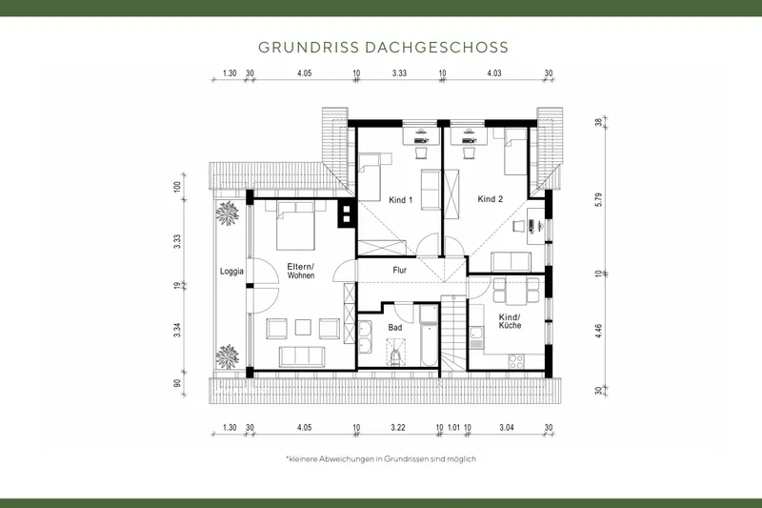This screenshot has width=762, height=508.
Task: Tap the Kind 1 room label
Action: click(x=401, y=200)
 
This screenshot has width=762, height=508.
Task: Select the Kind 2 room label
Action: click(x=490, y=199)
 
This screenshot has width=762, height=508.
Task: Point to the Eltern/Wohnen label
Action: click(x=301, y=271)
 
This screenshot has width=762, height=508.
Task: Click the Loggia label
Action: click(x=231, y=271)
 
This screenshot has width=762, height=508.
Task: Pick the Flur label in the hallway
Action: click(x=401, y=270)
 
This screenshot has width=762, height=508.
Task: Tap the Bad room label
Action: click(x=395, y=327)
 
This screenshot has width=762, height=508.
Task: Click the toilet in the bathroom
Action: click(x=395, y=355)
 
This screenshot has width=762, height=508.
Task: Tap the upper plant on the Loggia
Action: click(x=228, y=213)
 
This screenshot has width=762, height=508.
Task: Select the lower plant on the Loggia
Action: click(x=228, y=357)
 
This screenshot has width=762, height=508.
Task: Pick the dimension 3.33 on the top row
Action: click(x=399, y=73)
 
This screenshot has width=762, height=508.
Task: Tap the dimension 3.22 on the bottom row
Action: click(x=397, y=428)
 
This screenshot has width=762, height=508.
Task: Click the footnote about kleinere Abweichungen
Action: click(x=381, y=458)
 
